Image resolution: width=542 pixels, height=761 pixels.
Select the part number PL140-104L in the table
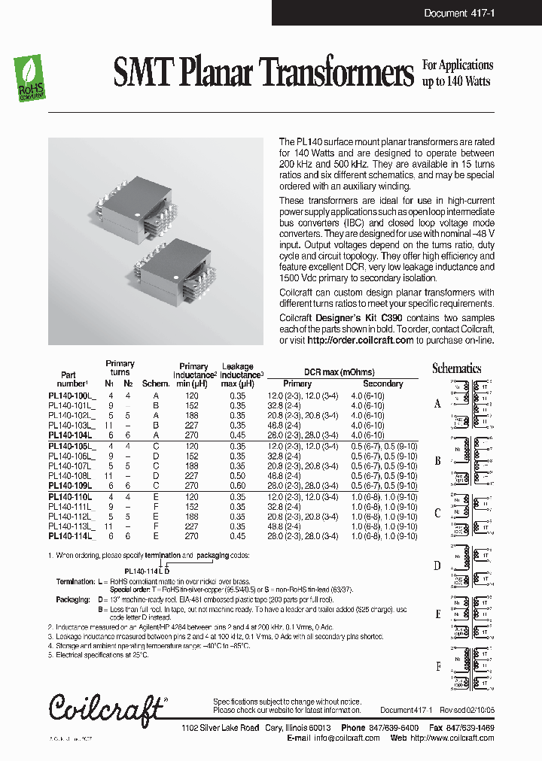click(x=70, y=435)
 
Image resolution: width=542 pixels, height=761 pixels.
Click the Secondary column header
click(x=383, y=384)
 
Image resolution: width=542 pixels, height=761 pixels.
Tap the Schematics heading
click(x=456, y=368)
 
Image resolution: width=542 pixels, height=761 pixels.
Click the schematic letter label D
click(x=437, y=565)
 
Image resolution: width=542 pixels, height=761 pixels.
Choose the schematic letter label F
click(x=438, y=667)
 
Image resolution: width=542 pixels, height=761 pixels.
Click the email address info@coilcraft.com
click(x=346, y=738)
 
